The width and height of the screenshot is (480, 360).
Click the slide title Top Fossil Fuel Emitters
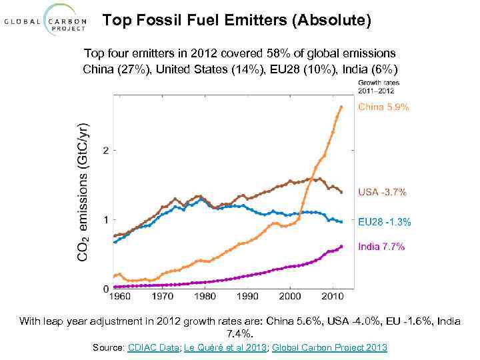point(237,21)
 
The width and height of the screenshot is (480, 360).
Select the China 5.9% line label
point(384,107)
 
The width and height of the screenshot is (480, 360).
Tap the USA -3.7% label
point(382,192)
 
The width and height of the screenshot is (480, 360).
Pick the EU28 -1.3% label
point(385,222)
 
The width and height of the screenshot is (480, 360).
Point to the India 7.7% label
point(381,247)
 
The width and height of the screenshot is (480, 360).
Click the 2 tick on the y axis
point(106,151)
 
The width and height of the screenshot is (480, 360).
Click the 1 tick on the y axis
point(106,219)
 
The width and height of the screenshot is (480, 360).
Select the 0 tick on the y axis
point(106,289)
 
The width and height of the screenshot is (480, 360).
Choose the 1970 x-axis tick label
point(161,297)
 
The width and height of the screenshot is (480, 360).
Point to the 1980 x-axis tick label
point(205,297)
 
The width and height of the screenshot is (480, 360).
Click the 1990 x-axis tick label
point(247,297)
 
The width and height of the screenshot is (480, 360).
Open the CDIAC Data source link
point(151,347)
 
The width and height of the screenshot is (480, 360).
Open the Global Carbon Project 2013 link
point(329,347)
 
